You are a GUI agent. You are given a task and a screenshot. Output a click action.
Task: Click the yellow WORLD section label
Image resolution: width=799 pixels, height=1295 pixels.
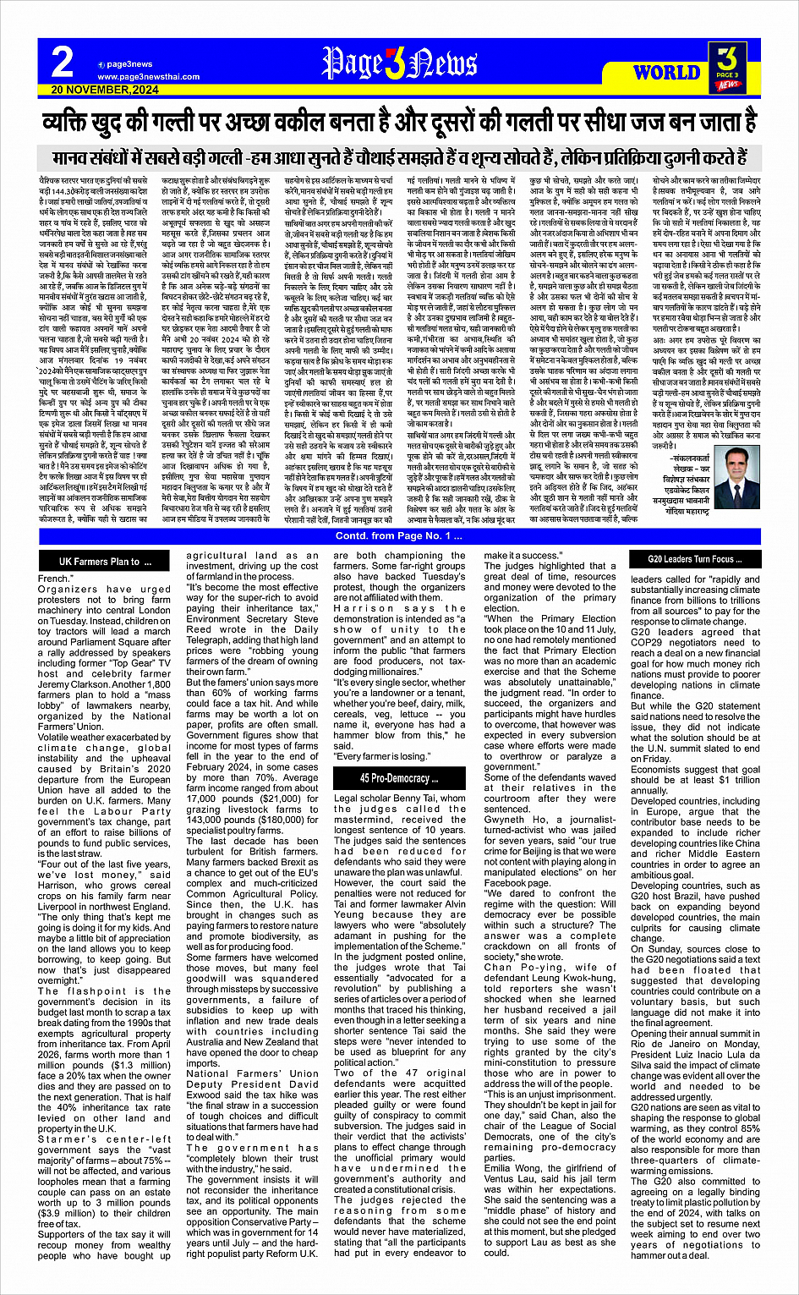(x=666, y=73)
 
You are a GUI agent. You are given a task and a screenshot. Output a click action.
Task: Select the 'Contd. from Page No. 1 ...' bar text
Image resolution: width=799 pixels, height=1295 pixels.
(x=398, y=536)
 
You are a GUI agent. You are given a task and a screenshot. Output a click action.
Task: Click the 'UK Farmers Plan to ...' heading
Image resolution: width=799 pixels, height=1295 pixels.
(x=105, y=562)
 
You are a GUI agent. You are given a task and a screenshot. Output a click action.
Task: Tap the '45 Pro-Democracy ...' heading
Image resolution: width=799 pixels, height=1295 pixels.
(x=399, y=778)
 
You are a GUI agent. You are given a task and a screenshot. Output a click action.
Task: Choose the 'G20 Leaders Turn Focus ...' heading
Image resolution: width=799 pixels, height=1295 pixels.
(x=695, y=559)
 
